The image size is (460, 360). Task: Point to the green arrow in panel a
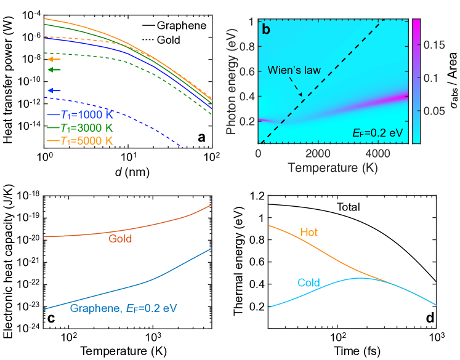click(x=54, y=70)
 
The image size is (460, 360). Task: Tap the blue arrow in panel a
click(x=54, y=91)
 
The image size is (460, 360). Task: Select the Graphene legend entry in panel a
click(x=181, y=27)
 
